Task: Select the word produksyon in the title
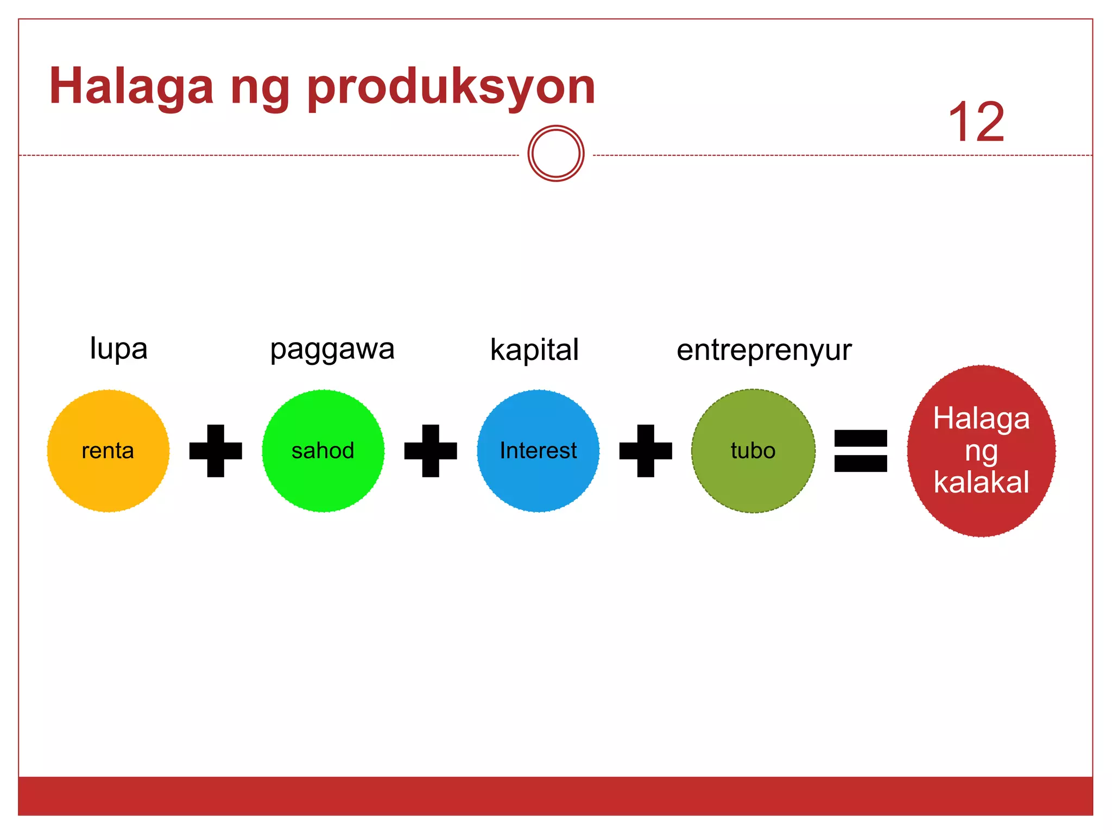451,88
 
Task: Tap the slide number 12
976,123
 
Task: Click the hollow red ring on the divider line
555,154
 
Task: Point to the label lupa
118,349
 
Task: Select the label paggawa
332,350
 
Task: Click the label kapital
534,350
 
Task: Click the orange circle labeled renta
108,451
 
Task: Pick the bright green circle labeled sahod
323,451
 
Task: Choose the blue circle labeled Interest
538,451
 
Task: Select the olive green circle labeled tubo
753,451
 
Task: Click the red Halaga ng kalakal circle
981,451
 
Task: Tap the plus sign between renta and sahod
216,451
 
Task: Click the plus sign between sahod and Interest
431,451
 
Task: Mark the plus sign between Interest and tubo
646,451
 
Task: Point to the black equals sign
861,451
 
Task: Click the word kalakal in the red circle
981,482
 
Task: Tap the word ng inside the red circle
981,452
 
